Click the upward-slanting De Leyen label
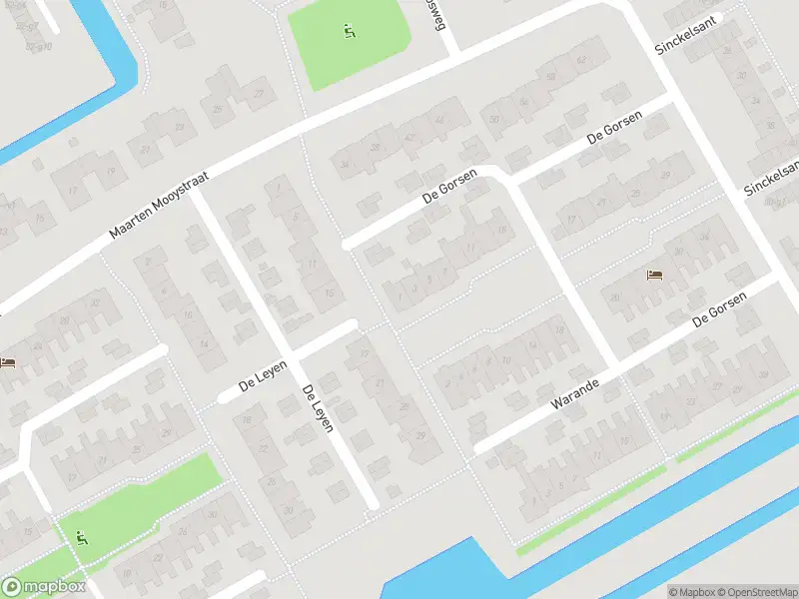point(263,379)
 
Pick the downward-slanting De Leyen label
point(323,408)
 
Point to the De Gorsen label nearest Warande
point(719,307)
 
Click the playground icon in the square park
point(349,31)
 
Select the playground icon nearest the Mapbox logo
point(82,537)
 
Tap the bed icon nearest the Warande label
point(653,275)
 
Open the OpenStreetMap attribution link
point(756,592)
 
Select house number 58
point(550,76)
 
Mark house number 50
point(493,120)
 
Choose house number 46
point(440,120)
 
